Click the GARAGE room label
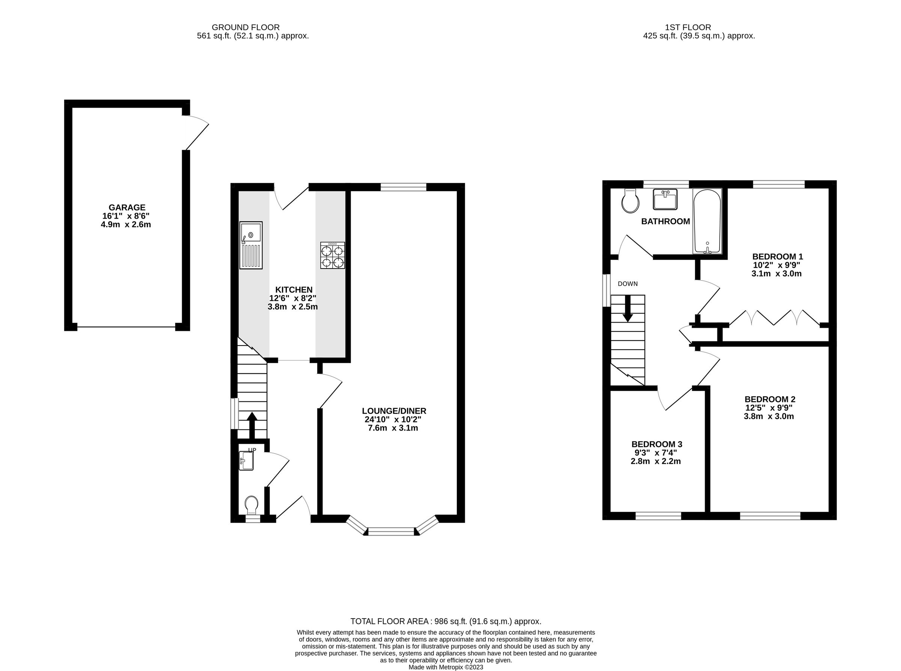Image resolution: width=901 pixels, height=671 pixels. [127, 207]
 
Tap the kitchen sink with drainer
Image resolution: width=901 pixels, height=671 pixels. [251, 245]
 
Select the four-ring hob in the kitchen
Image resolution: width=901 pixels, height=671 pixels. [332, 255]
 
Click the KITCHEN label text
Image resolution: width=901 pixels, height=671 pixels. [294, 290]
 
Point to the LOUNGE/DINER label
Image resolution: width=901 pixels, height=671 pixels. [393, 411]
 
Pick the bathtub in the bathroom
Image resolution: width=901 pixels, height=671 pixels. [707, 221]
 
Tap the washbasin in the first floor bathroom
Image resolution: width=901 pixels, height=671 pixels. [665, 200]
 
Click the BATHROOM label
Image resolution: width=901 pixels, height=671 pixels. [665, 221]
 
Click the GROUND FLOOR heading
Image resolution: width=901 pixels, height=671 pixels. [246, 27]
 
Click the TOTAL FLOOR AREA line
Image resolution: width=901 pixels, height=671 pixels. [446, 621]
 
